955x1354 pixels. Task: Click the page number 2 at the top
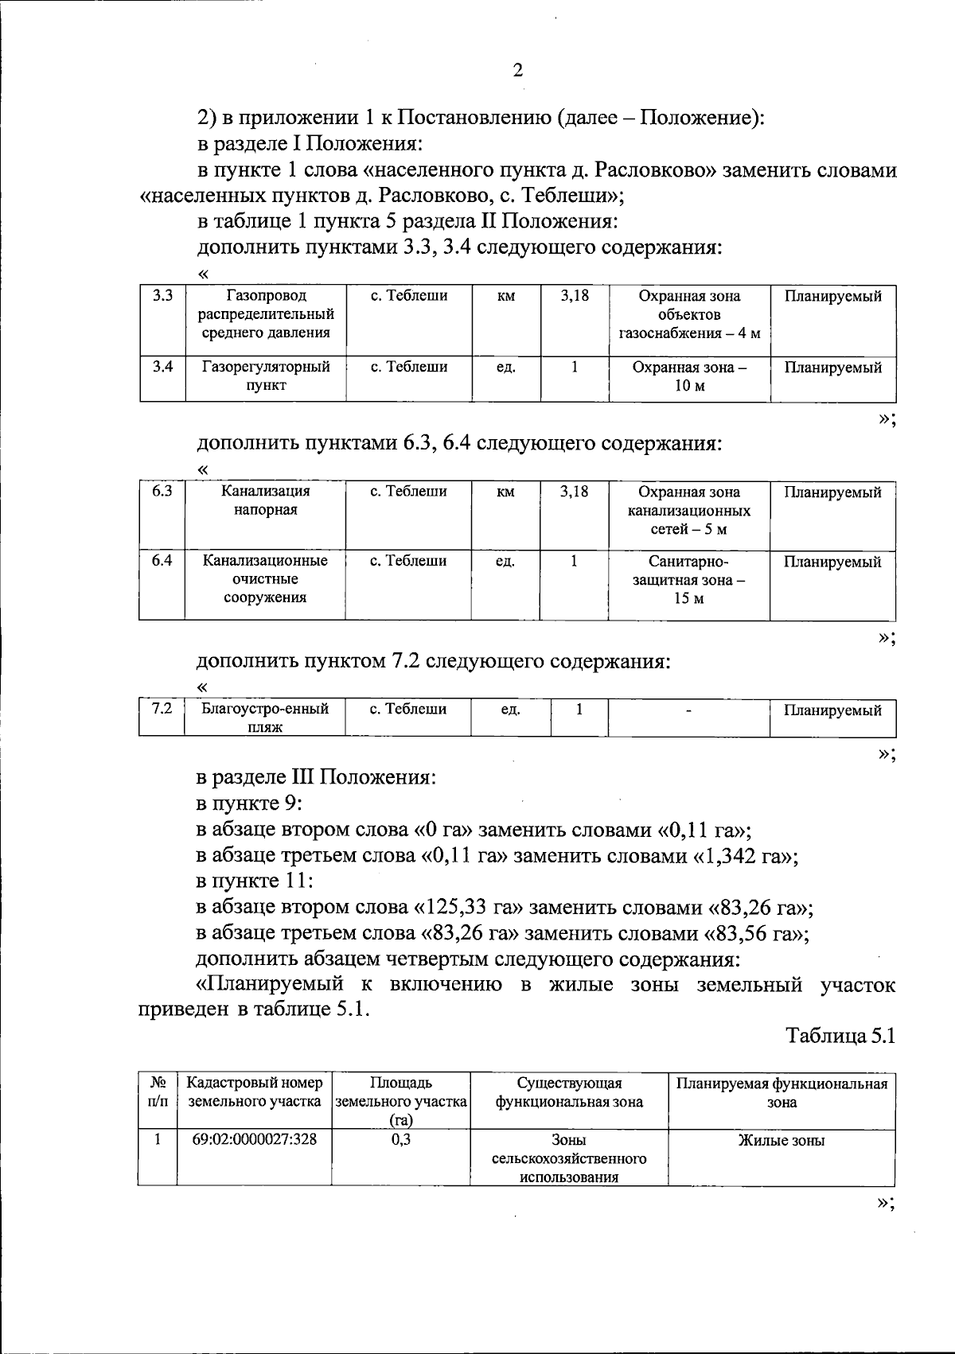[x=517, y=72]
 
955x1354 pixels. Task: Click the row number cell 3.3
[x=162, y=296]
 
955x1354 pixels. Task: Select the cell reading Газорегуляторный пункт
[x=266, y=376]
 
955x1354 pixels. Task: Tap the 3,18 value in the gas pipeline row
[x=574, y=296]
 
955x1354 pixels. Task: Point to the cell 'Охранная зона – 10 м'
[x=689, y=376]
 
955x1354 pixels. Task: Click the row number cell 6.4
[x=162, y=561]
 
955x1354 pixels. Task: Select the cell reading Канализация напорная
[x=266, y=500]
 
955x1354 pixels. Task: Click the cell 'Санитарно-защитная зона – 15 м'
[x=689, y=579]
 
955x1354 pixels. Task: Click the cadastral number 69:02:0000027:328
[x=255, y=1139]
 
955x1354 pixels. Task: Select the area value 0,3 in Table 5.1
[x=400, y=1139]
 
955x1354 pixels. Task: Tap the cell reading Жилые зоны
[x=781, y=1140]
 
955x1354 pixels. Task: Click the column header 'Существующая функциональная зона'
[x=569, y=1092]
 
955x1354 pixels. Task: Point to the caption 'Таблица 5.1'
[x=840, y=1036]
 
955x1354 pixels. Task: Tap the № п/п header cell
[x=158, y=1092]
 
